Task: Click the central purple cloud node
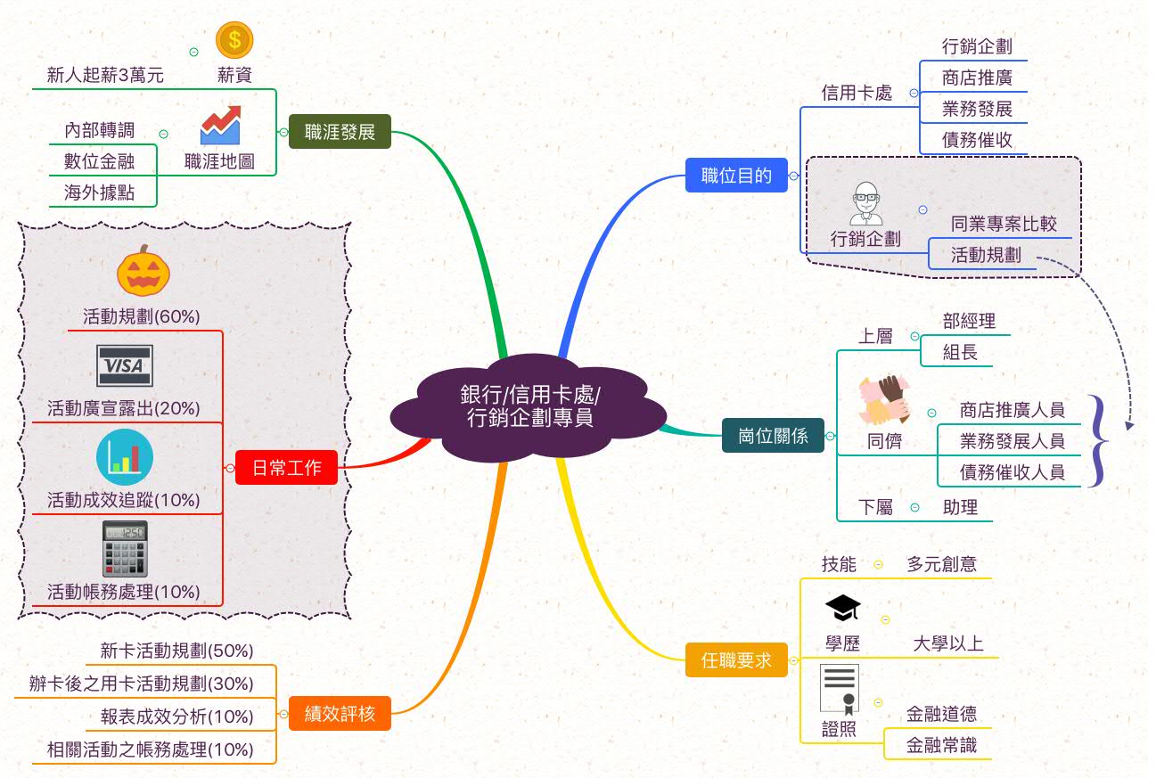(x=529, y=406)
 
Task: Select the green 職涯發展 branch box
(x=340, y=133)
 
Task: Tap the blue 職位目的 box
(x=736, y=176)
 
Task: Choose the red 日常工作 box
(x=286, y=468)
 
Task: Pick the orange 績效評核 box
(x=340, y=714)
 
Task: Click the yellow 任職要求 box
(x=736, y=660)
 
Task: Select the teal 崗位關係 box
(x=773, y=436)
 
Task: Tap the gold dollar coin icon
(x=234, y=39)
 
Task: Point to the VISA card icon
(x=124, y=366)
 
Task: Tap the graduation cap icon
(x=842, y=609)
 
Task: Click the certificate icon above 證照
(x=840, y=689)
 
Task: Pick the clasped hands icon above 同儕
(x=883, y=399)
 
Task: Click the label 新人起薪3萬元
(x=105, y=76)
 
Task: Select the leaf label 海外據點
(x=99, y=192)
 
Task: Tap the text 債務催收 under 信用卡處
(x=977, y=140)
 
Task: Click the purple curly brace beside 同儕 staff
(x=1101, y=441)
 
